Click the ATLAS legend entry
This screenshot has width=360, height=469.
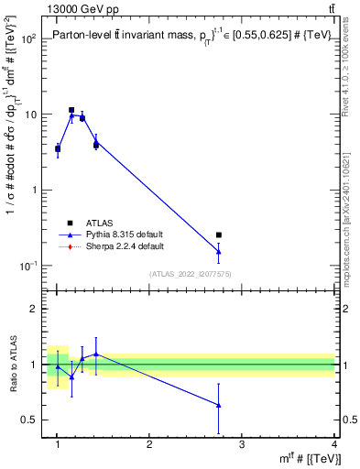tap(98, 223)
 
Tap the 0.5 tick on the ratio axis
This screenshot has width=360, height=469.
tap(30, 420)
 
